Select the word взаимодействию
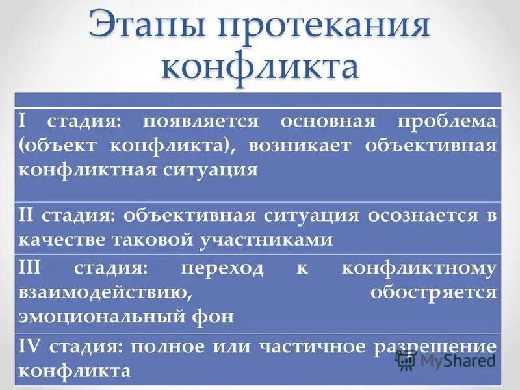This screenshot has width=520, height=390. pos(105,292)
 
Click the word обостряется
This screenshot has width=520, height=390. pos(434,292)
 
